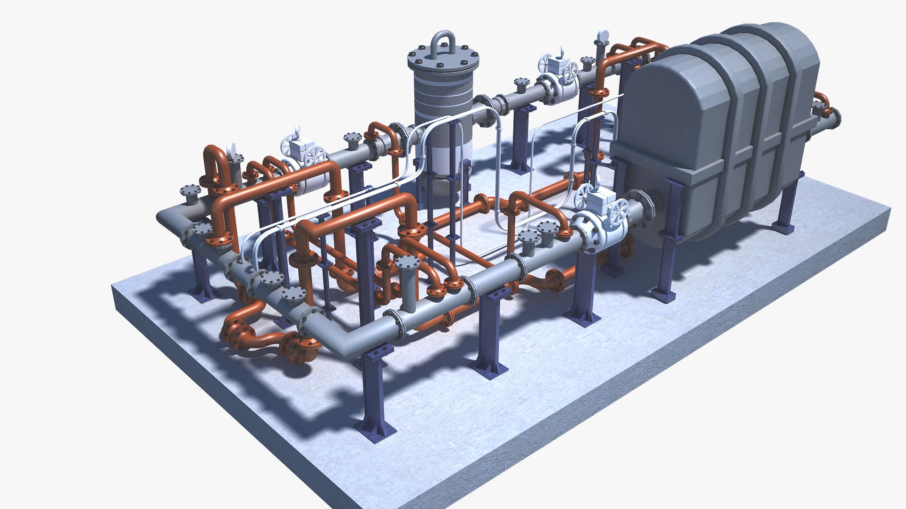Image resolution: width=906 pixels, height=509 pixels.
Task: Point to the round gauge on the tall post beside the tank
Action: pos(603,36)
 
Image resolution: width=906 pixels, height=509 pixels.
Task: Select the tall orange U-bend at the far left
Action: pos(215,165)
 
